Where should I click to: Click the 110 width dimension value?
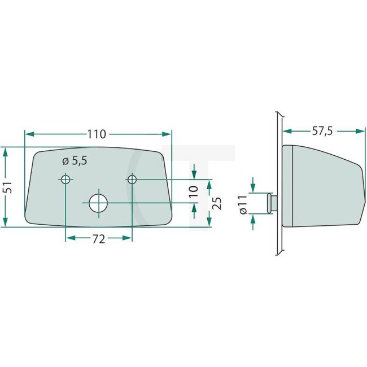point(97,134)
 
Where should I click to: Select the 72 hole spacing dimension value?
point(98,239)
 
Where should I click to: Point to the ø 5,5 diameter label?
point(75,161)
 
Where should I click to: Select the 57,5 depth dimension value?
point(322,131)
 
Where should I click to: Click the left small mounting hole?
point(65,180)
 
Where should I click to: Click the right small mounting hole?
point(132,180)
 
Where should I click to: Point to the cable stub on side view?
point(272,203)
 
